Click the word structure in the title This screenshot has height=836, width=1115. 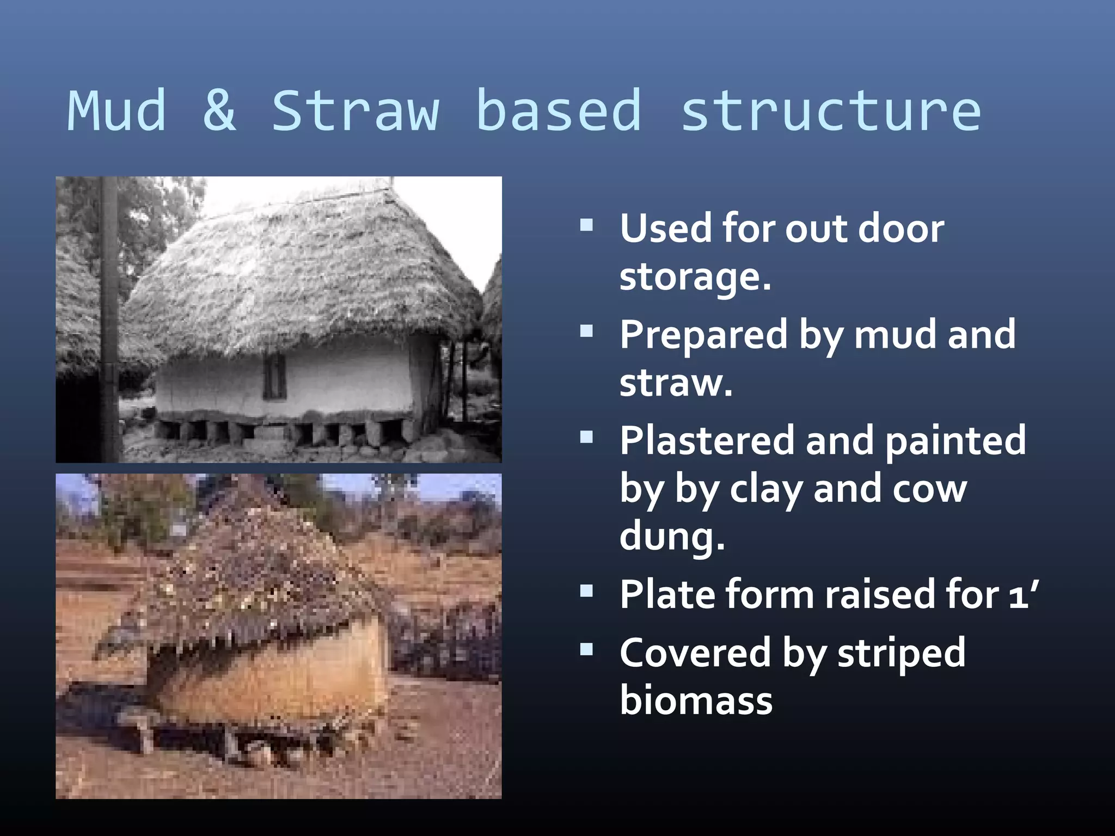pos(831,112)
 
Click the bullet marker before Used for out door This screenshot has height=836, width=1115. pos(586,225)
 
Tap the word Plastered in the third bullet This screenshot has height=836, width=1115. pos(707,440)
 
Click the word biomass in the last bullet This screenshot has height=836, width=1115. pos(696,700)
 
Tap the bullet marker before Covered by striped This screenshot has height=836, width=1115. pos(586,649)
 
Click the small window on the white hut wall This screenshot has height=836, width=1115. pos(274,376)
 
